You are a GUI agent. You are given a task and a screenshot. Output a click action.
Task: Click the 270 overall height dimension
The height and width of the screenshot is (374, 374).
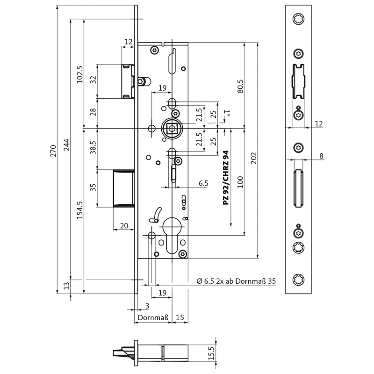[53, 151]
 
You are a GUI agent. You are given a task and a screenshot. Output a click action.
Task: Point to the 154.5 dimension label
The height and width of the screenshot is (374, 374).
[79, 210]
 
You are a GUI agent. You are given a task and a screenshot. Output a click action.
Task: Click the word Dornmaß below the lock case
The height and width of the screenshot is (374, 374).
[152, 318]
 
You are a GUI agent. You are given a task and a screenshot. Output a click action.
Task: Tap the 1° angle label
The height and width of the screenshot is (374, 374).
[227, 113]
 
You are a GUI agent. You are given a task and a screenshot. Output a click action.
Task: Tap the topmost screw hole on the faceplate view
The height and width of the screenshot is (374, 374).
[298, 19]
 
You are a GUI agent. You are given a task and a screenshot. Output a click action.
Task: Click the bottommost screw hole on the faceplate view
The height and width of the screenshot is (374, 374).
[298, 280]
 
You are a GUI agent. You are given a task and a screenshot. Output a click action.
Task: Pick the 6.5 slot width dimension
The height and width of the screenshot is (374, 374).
[203, 183]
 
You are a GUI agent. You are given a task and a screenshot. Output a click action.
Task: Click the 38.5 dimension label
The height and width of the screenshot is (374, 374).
[93, 148]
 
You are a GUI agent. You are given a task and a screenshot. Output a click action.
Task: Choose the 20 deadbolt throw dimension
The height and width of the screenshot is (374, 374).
[124, 225]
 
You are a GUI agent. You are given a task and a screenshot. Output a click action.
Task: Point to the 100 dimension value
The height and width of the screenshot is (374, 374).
[240, 181]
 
